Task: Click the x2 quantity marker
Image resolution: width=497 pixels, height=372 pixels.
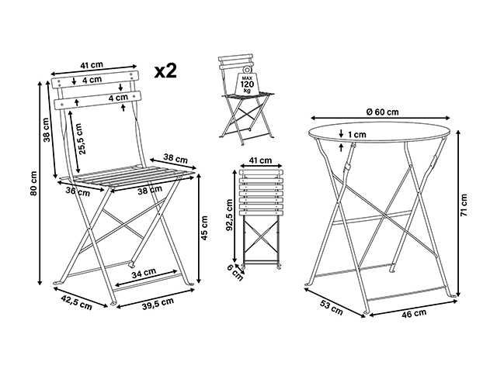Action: coord(165,71)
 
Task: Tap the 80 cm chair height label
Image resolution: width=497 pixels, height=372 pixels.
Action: coord(33,183)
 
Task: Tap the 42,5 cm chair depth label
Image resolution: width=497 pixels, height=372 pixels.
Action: coord(74,302)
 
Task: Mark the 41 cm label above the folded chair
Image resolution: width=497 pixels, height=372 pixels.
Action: coord(261,161)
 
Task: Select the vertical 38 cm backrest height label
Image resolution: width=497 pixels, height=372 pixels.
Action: coord(46,132)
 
